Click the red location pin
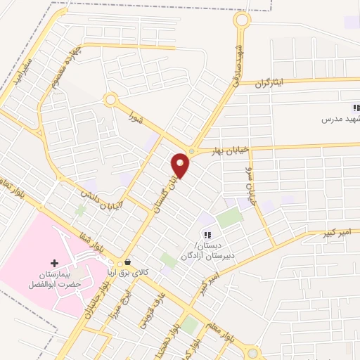tap(181, 165)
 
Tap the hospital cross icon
tap(54, 262)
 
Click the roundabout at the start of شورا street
tap(110, 101)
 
